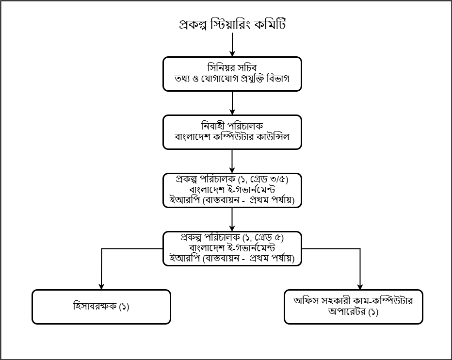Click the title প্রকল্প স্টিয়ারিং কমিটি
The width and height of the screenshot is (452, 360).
232,24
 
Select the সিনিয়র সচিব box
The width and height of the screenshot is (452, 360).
232,74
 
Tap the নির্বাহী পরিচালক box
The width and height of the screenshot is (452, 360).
232,132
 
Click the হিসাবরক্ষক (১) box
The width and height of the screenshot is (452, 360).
101,307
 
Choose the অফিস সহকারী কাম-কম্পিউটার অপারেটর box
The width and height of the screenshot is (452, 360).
354,307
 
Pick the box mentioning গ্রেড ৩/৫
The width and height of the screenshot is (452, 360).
232,190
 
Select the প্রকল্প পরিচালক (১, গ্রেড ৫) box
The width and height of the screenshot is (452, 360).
232,249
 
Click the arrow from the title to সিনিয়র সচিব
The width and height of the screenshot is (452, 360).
232,45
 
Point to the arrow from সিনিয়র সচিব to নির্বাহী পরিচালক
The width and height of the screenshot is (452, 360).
232,103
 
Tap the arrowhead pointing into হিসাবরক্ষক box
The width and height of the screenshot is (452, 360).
101,286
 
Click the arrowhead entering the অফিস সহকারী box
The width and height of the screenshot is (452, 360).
360,286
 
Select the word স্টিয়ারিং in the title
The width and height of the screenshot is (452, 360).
229,24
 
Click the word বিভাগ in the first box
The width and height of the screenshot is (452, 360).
278,79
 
